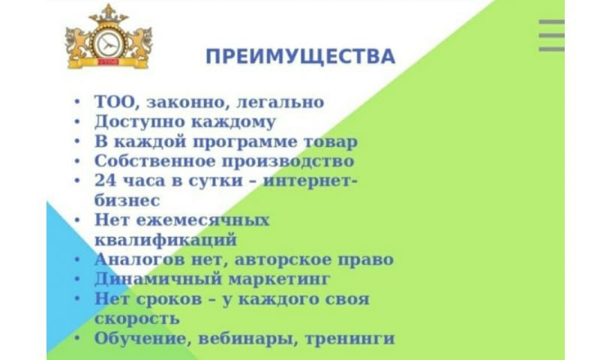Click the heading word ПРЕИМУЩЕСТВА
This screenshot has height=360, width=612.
[x=300, y=56]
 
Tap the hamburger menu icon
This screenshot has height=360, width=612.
[x=551, y=35]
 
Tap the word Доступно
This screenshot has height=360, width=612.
[x=140, y=121]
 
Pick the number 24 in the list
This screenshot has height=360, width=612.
[x=106, y=181]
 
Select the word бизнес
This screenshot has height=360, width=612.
[x=127, y=200]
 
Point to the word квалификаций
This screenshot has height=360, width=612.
[x=166, y=240]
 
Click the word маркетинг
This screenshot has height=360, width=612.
[x=279, y=280]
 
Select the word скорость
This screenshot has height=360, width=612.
[x=137, y=319]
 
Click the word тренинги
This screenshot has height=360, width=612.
[x=349, y=338]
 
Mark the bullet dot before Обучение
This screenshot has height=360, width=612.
[x=77, y=338]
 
